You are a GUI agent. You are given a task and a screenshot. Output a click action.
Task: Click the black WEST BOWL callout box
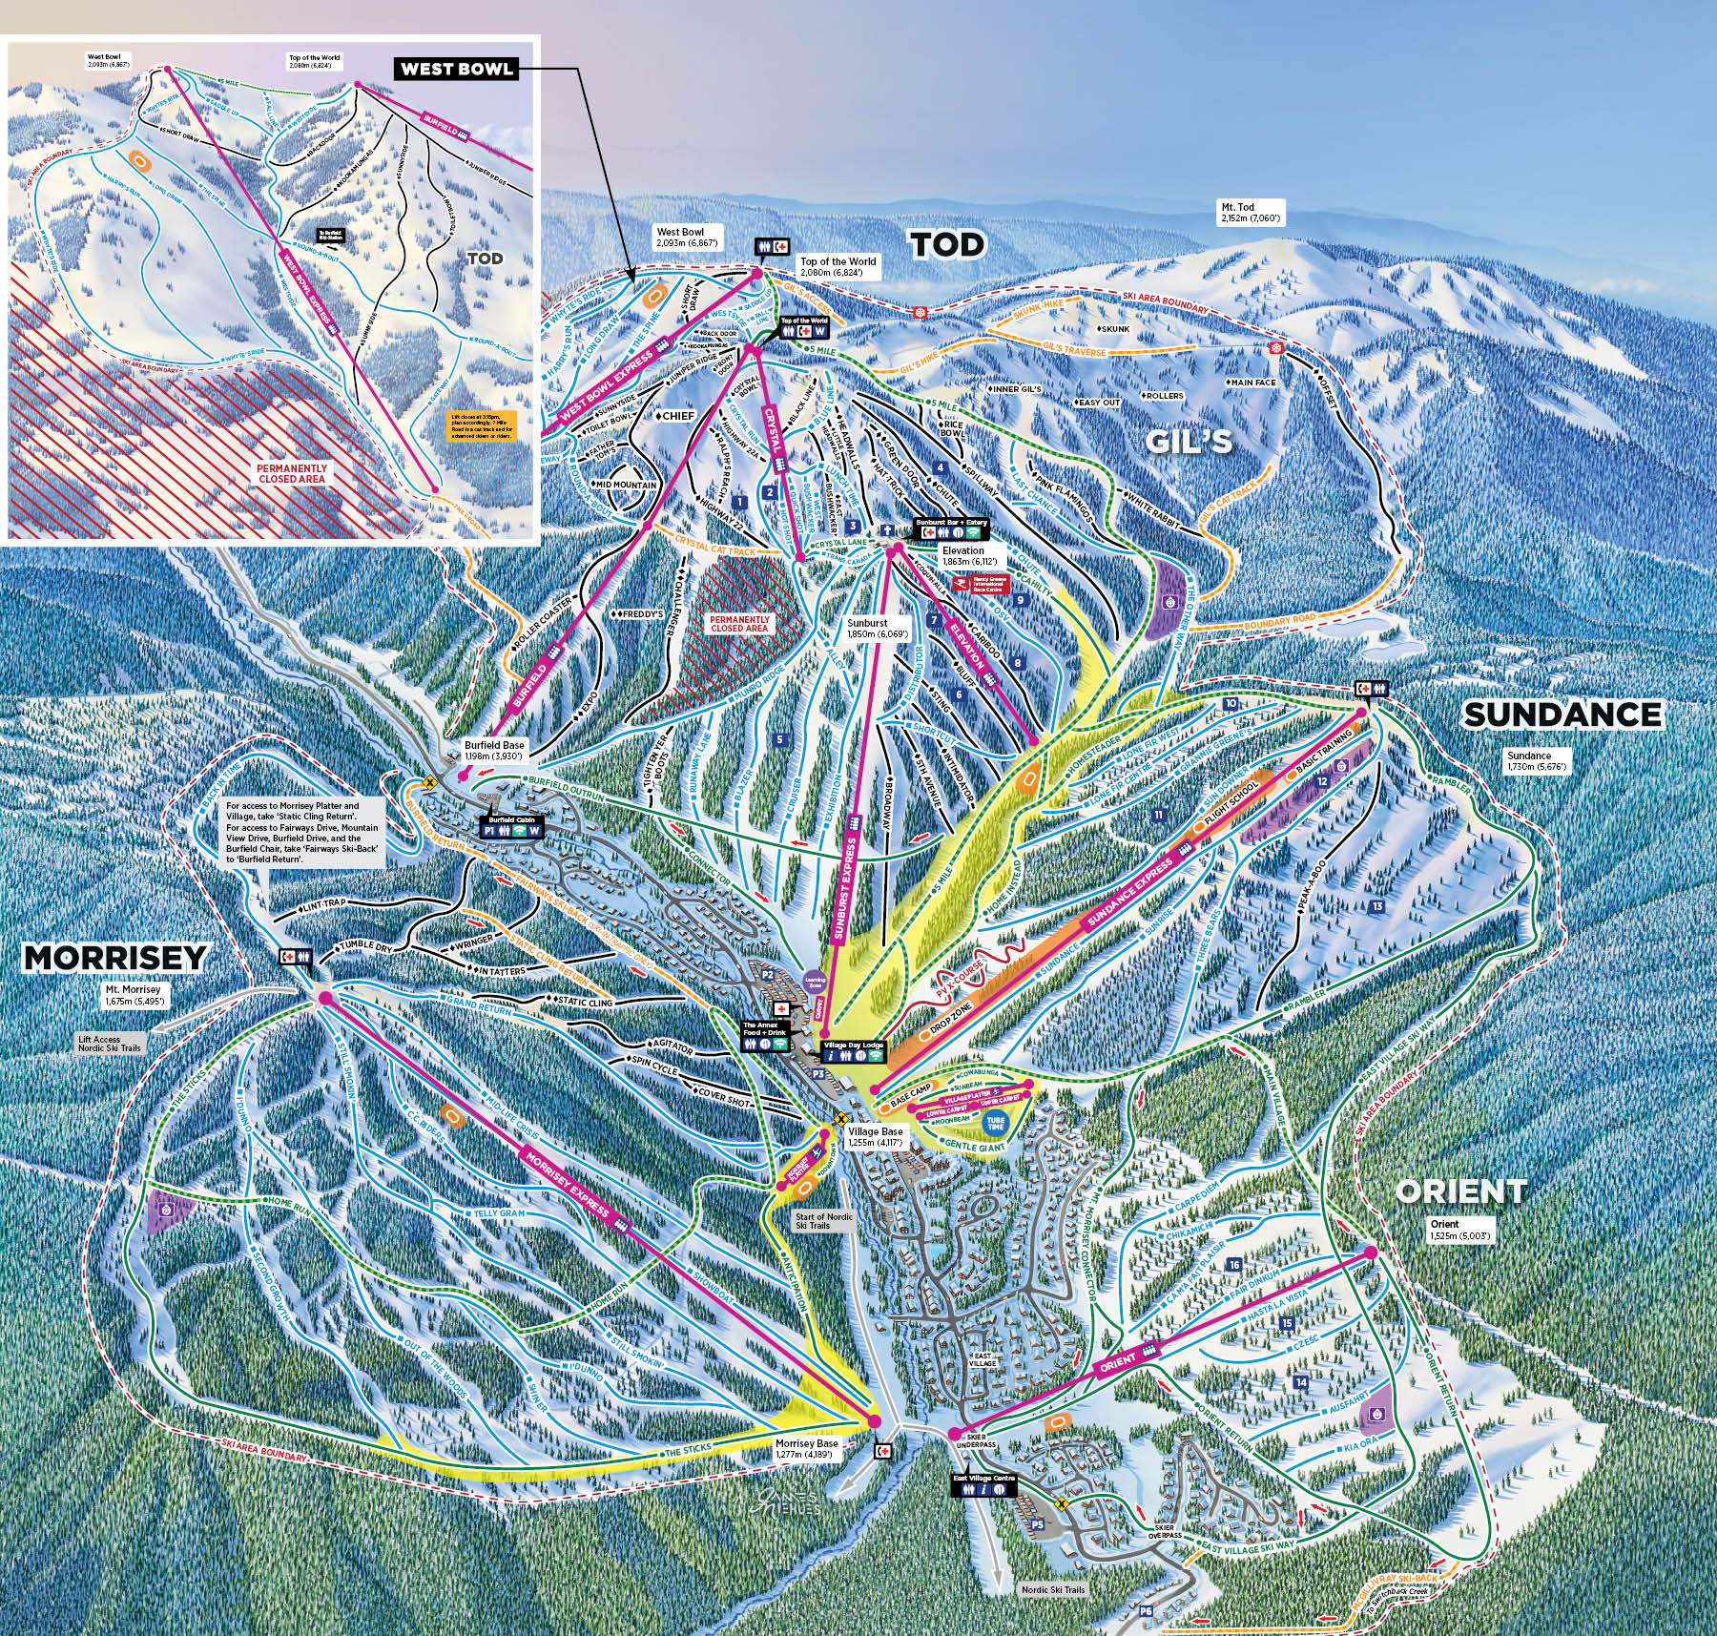pos(457,69)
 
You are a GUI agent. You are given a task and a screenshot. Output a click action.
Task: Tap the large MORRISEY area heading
pos(114,957)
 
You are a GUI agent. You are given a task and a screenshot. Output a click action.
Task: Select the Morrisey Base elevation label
pos(806,1449)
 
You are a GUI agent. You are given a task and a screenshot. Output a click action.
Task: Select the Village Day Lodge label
pos(854,1046)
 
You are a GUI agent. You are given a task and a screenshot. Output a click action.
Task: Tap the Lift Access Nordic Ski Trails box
pos(113,1042)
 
